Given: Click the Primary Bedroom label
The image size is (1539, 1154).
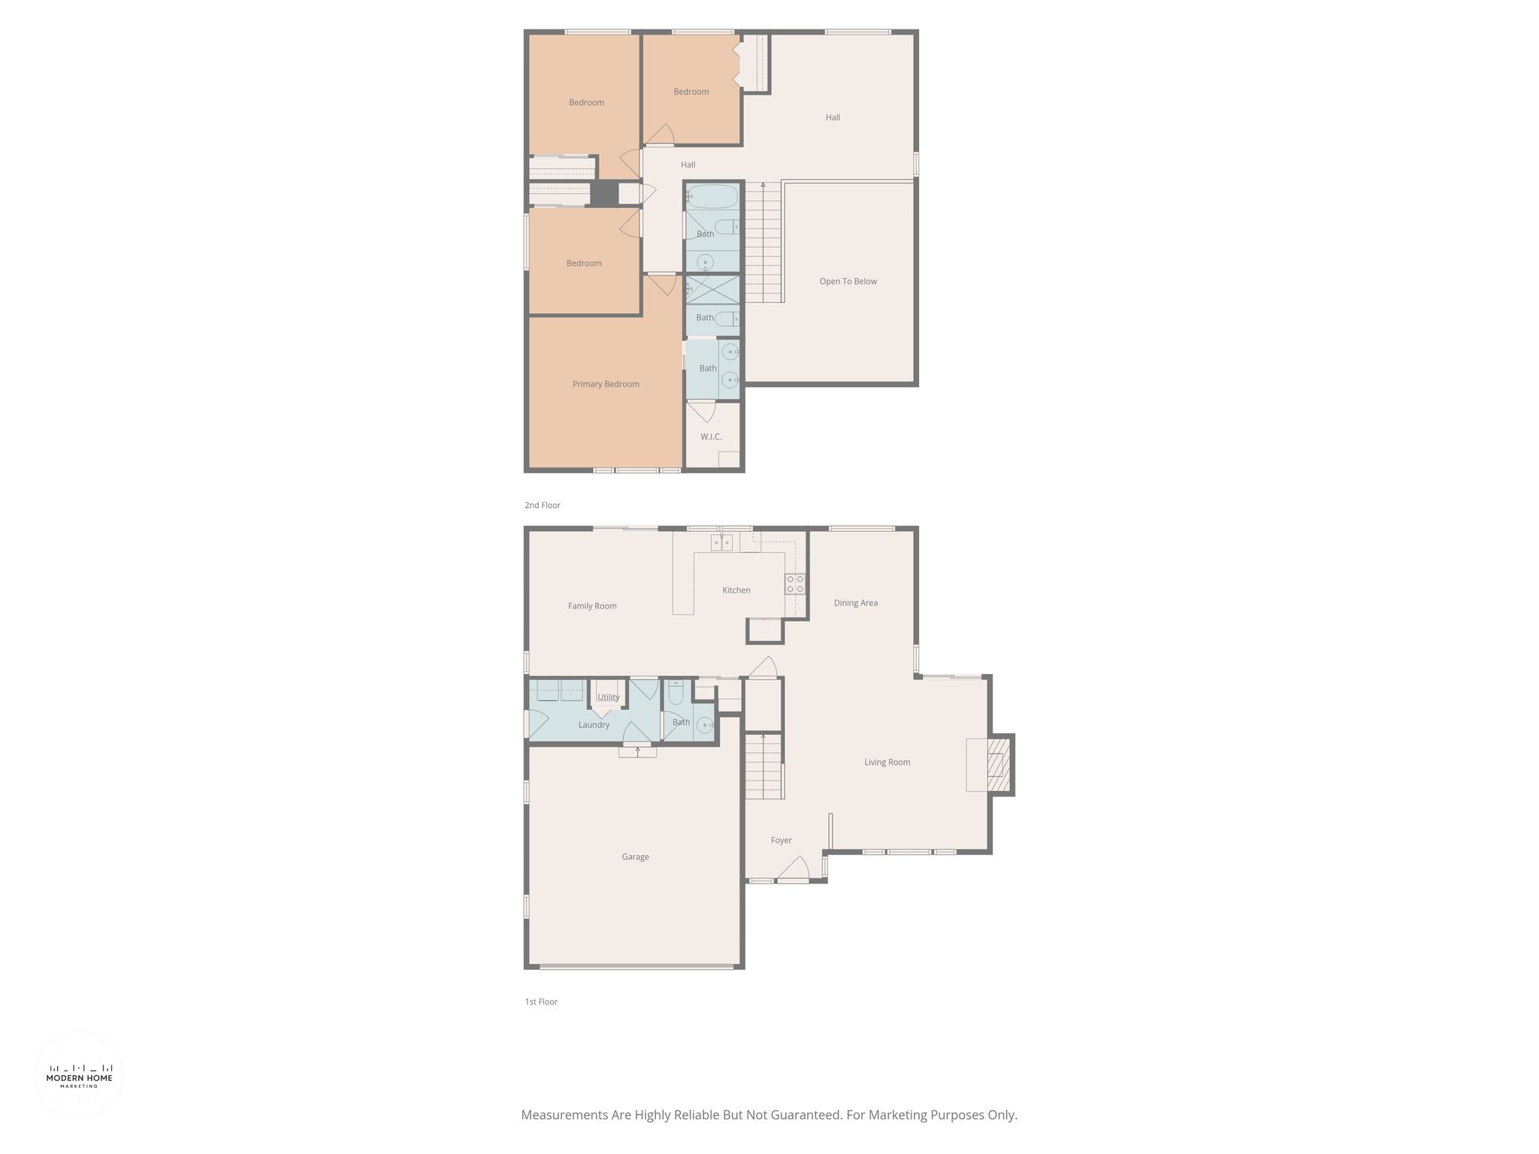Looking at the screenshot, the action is pyautogui.click(x=606, y=384).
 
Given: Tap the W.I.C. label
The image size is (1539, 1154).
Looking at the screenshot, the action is pyautogui.click(x=711, y=437).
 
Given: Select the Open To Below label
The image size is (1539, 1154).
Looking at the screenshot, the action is pyautogui.click(x=848, y=281).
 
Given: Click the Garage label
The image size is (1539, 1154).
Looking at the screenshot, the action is pyautogui.click(x=635, y=856).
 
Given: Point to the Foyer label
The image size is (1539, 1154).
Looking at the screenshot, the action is pyautogui.click(x=781, y=840).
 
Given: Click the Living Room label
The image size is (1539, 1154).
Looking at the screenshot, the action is pyautogui.click(x=887, y=762).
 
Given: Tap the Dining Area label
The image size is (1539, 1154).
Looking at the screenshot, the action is pyautogui.click(x=855, y=603).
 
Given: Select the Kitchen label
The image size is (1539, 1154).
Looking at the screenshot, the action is pyautogui.click(x=736, y=590).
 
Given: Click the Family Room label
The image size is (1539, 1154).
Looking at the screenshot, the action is pyautogui.click(x=592, y=606).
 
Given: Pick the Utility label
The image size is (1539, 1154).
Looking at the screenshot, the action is pyautogui.click(x=609, y=697).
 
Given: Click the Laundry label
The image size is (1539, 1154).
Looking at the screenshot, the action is pyautogui.click(x=594, y=725).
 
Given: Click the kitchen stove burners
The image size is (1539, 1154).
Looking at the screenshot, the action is pyautogui.click(x=795, y=584).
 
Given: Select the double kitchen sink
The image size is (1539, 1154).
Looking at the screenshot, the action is pyautogui.click(x=722, y=542).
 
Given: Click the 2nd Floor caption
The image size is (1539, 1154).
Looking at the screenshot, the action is pyautogui.click(x=543, y=505).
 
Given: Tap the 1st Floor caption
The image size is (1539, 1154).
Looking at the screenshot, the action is pyautogui.click(x=541, y=1001).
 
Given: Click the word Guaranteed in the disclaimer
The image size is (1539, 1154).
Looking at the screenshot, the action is pyautogui.click(x=803, y=1115).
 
